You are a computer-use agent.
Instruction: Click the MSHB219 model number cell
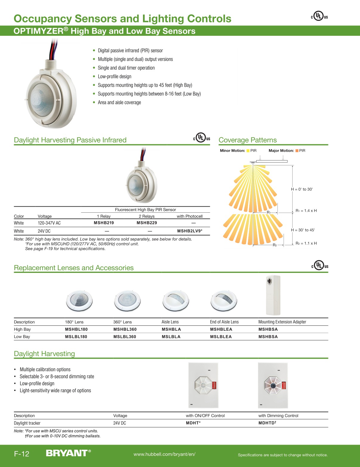coord(104,223)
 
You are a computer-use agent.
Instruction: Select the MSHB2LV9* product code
coord(190,231)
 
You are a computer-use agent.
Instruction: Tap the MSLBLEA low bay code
coord(221,337)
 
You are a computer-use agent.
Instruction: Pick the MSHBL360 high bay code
coord(125,329)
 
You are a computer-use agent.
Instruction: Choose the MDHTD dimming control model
coord(267,423)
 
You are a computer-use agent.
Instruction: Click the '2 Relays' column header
coord(147,216)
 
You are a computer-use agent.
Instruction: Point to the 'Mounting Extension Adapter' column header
coord(282,322)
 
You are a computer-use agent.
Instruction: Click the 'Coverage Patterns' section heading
coord(247,140)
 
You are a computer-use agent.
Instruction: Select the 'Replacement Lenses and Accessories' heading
coord(74,268)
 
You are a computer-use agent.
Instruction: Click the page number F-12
coord(21,454)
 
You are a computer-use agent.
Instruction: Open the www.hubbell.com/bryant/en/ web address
coord(164,454)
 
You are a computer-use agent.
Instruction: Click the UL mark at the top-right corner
coord(319,16)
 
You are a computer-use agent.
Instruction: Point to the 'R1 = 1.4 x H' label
coord(306,211)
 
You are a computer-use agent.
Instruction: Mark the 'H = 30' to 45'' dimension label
coord(303,230)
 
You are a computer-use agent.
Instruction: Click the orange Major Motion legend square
coord(297,151)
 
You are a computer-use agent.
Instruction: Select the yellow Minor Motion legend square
coord(248,151)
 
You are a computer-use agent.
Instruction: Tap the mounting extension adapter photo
coord(273,295)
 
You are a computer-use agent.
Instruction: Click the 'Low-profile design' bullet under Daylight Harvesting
coord(37,384)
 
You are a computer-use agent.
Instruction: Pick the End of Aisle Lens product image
coord(224,300)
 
